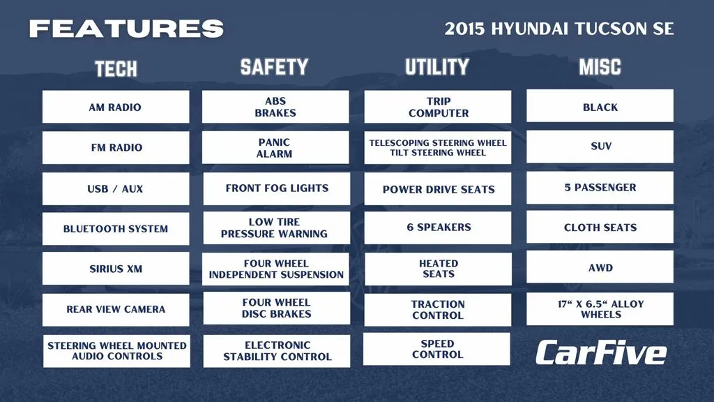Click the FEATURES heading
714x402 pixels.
coord(126,29)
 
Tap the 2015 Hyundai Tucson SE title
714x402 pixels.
coord(559,29)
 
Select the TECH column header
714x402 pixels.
coord(116,69)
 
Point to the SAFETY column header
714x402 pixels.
coord(274,67)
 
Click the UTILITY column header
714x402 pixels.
coord(437,67)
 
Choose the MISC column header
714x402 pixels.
coord(600,67)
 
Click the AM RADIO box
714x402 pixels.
coord(116,107)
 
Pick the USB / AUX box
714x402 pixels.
coord(116,188)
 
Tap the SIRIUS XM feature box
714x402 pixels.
coord(116,269)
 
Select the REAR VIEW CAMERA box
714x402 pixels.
coord(116,309)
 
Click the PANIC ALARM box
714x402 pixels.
coord(275,148)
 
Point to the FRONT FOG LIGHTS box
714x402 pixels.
coord(276,188)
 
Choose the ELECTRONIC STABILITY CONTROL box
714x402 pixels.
coord(276,351)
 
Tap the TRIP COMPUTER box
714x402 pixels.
coord(438,107)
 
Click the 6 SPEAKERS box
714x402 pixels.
coord(438,228)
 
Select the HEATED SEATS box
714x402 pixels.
coord(438,269)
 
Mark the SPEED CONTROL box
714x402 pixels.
coord(436,349)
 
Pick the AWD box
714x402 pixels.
coord(600,267)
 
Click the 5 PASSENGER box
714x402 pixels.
coord(600,187)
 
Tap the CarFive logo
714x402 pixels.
coord(601,352)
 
